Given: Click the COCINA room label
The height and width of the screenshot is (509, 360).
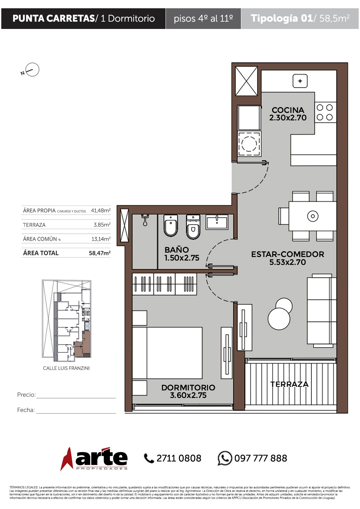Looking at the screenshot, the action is tap(288, 110).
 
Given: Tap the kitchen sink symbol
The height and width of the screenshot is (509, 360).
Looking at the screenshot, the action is tap(300, 81).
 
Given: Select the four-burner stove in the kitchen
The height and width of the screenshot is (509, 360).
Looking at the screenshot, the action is tap(325, 113).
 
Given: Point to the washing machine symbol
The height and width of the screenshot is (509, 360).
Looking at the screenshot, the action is tap(249, 143).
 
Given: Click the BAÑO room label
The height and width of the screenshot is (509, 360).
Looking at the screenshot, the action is tap(177, 250).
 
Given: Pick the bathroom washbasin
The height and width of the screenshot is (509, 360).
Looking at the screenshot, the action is tap(217, 222).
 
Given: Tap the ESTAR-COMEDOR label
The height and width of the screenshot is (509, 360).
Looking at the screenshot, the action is tap(287, 254).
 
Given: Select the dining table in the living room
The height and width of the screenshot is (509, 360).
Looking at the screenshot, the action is tap(313, 216).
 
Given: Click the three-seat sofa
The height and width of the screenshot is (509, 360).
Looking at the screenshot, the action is tap(321, 310).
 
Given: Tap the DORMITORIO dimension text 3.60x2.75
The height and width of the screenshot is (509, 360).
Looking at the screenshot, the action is tap(188, 395).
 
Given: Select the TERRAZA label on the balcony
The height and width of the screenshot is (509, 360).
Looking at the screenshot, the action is tap(289, 384).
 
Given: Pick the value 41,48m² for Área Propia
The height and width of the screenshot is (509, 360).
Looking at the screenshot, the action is tap(101, 210).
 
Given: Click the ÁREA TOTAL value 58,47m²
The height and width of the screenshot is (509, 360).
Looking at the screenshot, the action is tap(100, 253).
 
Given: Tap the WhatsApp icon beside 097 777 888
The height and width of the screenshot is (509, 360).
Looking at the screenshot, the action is tap(225, 458).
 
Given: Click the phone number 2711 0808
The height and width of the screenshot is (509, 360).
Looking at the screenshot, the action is tap(179, 458).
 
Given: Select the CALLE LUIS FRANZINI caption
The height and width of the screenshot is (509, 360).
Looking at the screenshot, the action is tap(66, 368).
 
